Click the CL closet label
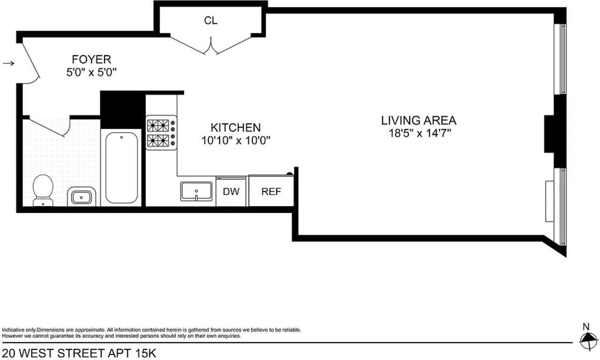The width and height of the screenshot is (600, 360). pyautogui.click(x=210, y=21)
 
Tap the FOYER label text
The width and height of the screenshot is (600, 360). pyautogui.click(x=91, y=60)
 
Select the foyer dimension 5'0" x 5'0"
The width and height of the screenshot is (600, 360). pyautogui.click(x=91, y=73)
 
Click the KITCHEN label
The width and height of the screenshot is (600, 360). pyautogui.click(x=235, y=127)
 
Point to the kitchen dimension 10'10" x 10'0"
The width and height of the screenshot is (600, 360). pyautogui.click(x=236, y=141)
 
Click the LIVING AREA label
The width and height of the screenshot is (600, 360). pyautogui.click(x=418, y=120)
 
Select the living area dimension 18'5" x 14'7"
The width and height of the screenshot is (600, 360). pyautogui.click(x=418, y=133)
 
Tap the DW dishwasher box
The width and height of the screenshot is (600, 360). pyautogui.click(x=231, y=192)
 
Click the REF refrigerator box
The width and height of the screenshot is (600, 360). pyautogui.click(x=271, y=192)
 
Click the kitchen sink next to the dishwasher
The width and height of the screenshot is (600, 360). pyautogui.click(x=196, y=192)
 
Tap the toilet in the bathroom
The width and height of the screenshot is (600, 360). pyautogui.click(x=43, y=190)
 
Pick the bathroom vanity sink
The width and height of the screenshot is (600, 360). pyautogui.click(x=82, y=197)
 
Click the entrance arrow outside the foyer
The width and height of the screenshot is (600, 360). pyautogui.click(x=8, y=63)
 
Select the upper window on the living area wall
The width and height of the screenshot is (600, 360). pyautogui.click(x=560, y=59)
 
